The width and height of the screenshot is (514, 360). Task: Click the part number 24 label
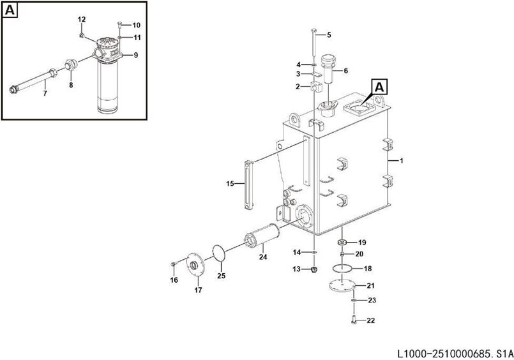262,258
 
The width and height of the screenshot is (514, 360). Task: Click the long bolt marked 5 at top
314,48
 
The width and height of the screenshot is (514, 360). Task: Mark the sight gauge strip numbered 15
248,184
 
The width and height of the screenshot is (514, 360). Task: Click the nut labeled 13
314,270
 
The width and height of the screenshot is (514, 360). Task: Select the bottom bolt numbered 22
354,317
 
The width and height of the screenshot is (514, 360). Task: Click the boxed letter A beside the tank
379,86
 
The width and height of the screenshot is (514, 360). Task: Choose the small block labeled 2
315,86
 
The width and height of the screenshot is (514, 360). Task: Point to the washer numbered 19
342,243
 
